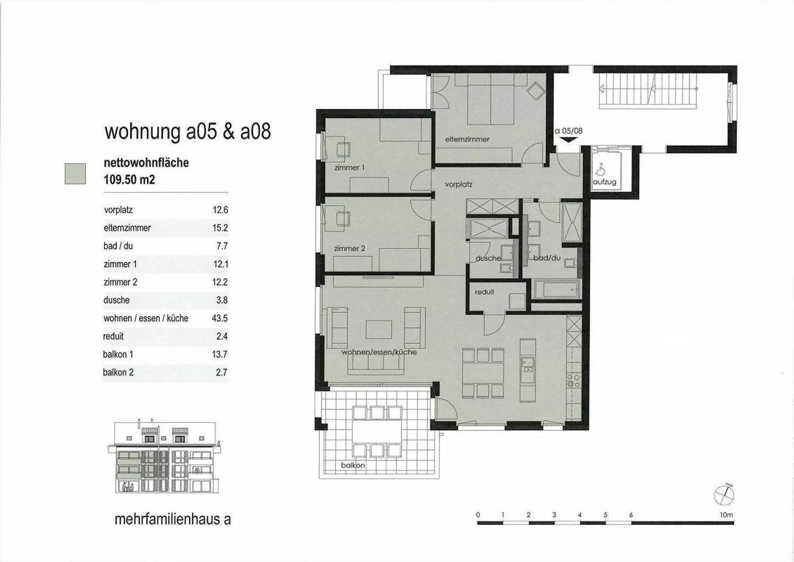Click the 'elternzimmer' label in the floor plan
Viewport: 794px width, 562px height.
pyautogui.click(x=467, y=140)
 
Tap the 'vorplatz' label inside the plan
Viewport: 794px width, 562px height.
pyautogui.click(x=459, y=184)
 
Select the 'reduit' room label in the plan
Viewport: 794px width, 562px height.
pyautogui.click(x=485, y=292)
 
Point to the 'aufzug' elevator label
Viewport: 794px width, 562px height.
pyautogui.click(x=605, y=182)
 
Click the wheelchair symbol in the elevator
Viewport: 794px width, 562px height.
pyautogui.click(x=600, y=169)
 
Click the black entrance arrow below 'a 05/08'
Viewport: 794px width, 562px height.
pyautogui.click(x=568, y=140)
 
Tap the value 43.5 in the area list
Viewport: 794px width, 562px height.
pyautogui.click(x=220, y=318)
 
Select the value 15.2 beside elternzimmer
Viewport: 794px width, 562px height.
pyautogui.click(x=220, y=228)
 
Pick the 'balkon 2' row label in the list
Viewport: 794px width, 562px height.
pyautogui.click(x=119, y=372)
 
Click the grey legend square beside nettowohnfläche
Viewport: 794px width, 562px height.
pyautogui.click(x=75, y=174)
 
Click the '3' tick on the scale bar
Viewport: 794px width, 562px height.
pyautogui.click(x=554, y=515)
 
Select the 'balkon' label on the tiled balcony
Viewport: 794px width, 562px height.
pyautogui.click(x=353, y=465)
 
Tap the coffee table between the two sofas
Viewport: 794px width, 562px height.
pyautogui.click(x=379, y=329)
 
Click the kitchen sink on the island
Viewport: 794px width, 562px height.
pyautogui.click(x=528, y=365)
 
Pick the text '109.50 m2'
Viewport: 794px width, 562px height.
pyautogui.click(x=130, y=179)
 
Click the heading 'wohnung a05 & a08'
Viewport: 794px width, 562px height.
pyautogui.click(x=188, y=131)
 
